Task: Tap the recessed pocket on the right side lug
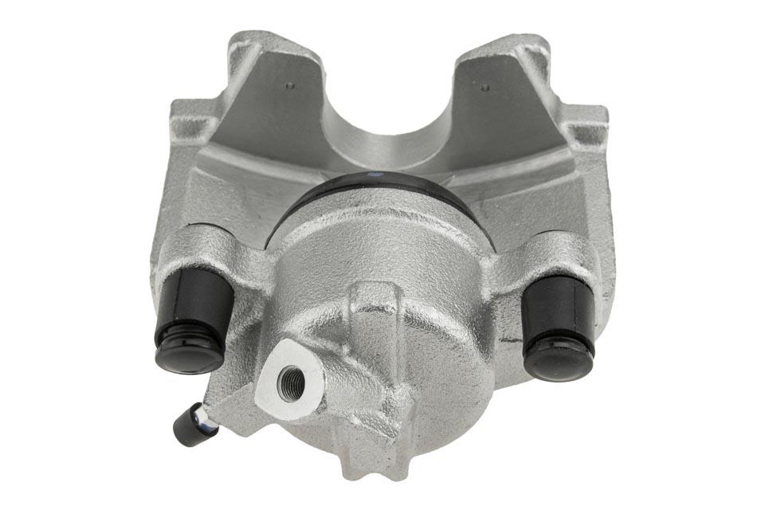[x=587, y=131]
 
